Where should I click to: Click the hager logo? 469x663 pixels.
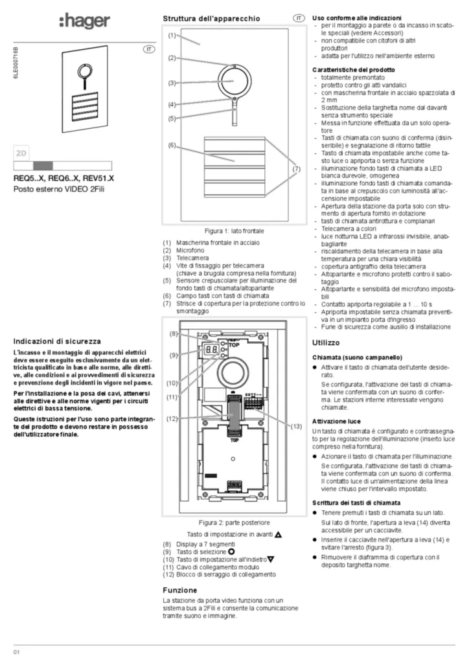click(x=84, y=21)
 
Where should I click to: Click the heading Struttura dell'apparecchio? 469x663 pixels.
click(x=211, y=19)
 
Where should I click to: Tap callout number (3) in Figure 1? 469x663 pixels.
click(x=172, y=83)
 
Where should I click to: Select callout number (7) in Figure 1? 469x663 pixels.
click(x=297, y=169)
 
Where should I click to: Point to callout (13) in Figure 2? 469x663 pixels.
click(x=296, y=426)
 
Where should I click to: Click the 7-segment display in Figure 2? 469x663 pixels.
click(x=211, y=350)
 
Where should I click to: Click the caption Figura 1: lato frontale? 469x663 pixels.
click(x=234, y=231)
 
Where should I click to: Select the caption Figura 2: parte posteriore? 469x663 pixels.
click(x=234, y=523)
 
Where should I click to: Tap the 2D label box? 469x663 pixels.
click(x=21, y=153)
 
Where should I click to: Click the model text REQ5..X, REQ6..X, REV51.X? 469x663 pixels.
click(x=63, y=179)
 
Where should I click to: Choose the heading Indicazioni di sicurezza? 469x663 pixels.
click(x=57, y=341)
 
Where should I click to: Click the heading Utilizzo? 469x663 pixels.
click(x=326, y=343)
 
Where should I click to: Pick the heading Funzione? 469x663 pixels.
click(x=179, y=590)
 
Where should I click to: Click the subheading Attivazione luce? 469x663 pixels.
click(x=336, y=421)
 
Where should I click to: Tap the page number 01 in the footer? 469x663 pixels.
click(x=16, y=651)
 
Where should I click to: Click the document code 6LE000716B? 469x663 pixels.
click(x=16, y=63)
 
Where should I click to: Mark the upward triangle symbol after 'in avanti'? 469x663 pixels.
click(x=278, y=534)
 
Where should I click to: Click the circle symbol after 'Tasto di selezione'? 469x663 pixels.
click(x=231, y=552)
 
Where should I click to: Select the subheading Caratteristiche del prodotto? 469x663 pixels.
click(x=354, y=70)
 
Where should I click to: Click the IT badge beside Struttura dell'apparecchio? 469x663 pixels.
click(x=299, y=18)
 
